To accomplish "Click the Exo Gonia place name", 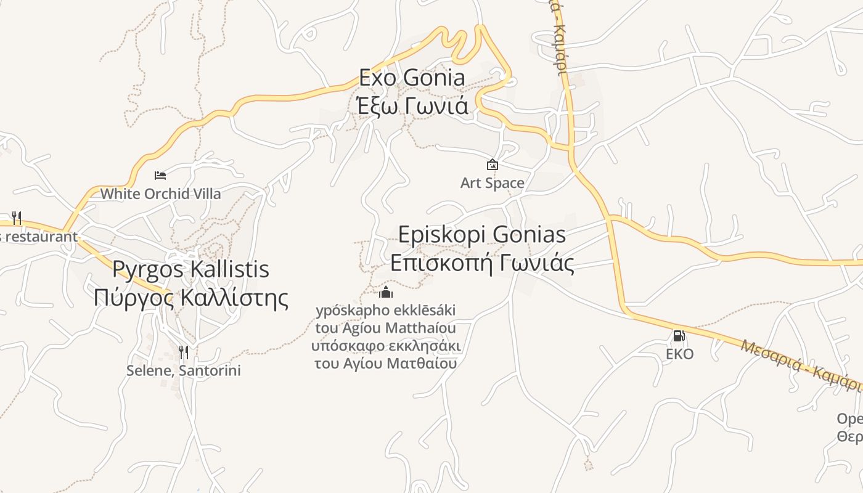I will tap(412, 78).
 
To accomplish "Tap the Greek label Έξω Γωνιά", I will tap(412, 105).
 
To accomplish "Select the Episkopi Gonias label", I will tap(481, 235).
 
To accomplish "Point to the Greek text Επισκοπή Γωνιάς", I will tap(481, 263).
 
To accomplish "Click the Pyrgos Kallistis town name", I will tap(190, 269).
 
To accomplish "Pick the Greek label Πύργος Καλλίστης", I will tap(190, 297).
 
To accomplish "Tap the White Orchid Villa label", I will tap(160, 194).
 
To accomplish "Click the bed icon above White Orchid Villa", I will tap(160, 176).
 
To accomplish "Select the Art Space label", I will tap(492, 183).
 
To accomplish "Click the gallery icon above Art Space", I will tap(492, 165).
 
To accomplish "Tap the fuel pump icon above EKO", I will tap(679, 336).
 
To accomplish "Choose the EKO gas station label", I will tap(679, 354).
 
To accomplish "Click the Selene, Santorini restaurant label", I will tap(183, 370).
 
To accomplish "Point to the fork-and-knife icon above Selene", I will tap(183, 352).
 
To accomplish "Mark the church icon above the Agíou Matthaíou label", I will tap(386, 292).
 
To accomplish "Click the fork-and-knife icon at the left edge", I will tap(17, 218).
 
